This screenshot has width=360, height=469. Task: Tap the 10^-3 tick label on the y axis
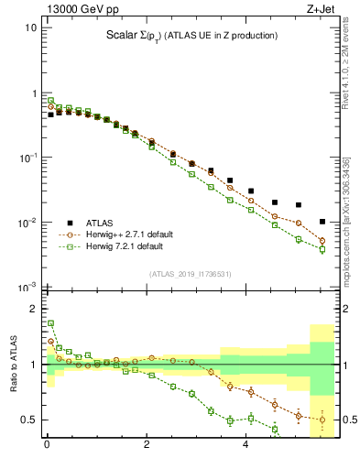[28, 288]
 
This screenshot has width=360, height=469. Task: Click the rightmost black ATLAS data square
[322, 222]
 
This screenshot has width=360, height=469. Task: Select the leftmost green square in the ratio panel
[50, 323]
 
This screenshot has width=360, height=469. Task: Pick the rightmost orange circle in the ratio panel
[322, 420]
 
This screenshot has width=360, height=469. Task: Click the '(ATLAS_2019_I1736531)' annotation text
[190, 273]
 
